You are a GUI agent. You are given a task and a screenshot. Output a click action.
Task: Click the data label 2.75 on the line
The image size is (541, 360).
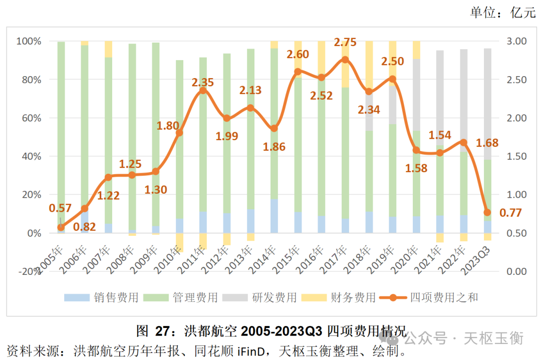(345, 42)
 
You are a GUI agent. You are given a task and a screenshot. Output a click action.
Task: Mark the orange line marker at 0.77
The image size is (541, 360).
(487, 212)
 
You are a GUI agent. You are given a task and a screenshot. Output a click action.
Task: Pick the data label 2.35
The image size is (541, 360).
(203, 82)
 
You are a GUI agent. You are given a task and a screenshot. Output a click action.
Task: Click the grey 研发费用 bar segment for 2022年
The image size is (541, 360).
(464, 100)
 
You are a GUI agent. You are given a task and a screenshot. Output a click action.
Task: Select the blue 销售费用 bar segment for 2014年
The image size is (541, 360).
(274, 216)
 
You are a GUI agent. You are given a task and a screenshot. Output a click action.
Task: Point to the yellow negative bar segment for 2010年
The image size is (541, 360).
(179, 242)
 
